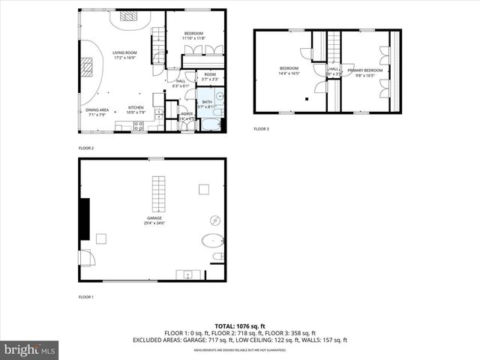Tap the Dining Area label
coord(97,109)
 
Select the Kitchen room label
coord(136,107)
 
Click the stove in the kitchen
coord(139,126)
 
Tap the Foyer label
coord(187,114)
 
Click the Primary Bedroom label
coord(364,70)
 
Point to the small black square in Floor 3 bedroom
coord(307,98)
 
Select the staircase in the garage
coord(157,194)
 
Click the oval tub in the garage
coord(213,242)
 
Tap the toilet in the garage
coord(217,257)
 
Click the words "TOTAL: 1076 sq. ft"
coord(240,326)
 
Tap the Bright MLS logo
coord(30,349)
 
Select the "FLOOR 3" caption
coord(261,129)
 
